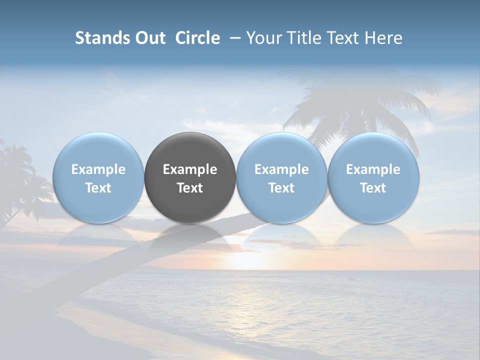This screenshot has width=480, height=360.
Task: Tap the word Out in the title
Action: click(149, 38)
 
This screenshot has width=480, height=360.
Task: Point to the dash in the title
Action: click(233, 38)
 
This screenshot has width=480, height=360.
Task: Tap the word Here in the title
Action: click(383, 38)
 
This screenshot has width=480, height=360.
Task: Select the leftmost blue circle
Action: click(98, 150)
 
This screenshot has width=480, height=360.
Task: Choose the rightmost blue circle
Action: click(373, 150)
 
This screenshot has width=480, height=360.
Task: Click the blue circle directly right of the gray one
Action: click(281, 150)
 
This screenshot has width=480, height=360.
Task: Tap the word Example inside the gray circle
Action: click(190, 169)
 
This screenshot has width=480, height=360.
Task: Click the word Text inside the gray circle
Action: click(190, 188)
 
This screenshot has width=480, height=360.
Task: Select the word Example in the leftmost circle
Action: click(98, 169)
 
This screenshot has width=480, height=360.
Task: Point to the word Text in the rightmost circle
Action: click(373, 188)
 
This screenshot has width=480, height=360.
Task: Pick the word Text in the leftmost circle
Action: click(98, 188)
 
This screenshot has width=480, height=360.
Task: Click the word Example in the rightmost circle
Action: click(373, 169)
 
